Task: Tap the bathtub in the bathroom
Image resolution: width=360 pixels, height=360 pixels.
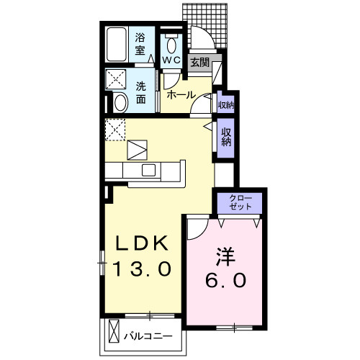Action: (117, 44)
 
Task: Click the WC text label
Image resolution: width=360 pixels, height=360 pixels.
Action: (171, 60)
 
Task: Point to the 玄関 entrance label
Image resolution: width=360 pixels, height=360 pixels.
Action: (199, 63)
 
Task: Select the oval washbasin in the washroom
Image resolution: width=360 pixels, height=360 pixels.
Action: (120, 102)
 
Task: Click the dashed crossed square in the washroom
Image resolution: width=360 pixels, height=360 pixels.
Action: (117, 78)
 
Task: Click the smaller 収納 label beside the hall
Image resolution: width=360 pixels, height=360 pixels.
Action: (225, 104)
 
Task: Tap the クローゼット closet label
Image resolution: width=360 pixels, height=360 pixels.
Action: (240, 201)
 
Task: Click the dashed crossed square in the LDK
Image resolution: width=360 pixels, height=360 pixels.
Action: (115, 130)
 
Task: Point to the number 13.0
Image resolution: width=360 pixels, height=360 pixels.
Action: (143, 269)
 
